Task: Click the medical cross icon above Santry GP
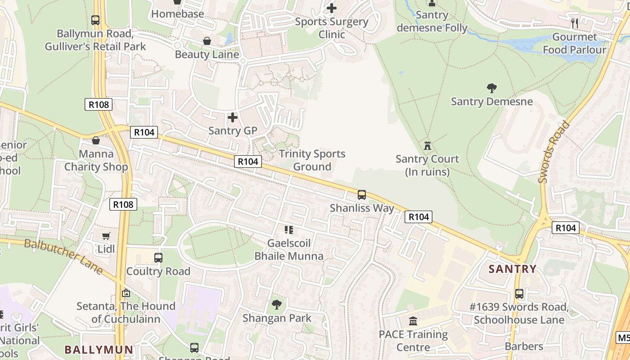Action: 233,117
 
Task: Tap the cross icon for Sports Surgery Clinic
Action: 332,8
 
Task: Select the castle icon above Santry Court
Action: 427,145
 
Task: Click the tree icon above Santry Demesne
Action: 491,88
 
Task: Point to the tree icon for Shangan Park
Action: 277,305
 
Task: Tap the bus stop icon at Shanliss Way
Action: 362,195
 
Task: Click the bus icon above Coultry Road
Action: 158,258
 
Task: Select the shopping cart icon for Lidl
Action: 106,236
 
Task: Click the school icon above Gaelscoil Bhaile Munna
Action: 289,230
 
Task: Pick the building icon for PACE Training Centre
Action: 413,321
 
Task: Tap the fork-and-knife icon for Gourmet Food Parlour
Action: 575,23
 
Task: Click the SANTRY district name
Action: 513,269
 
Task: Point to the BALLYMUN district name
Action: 99,350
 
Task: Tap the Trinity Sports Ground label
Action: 312,160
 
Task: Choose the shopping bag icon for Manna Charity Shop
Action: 96,140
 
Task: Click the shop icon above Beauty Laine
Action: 207,41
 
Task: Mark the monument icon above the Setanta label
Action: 126,293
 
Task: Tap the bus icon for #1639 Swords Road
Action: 519,294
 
